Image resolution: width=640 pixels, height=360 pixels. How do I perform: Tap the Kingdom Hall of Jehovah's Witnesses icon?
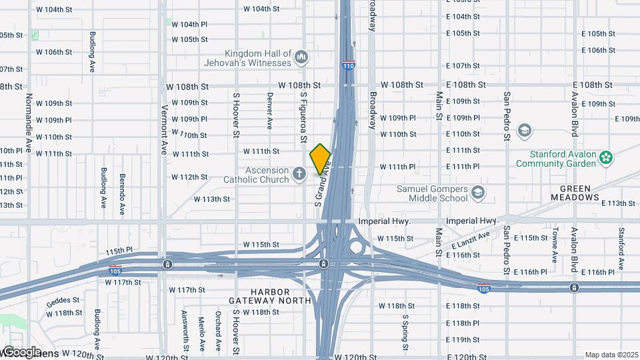pyautogui.click(x=301, y=57)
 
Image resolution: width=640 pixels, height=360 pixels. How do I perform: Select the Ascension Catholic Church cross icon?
pyautogui.click(x=300, y=175)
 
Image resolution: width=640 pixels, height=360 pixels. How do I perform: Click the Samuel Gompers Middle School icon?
pyautogui.click(x=477, y=193)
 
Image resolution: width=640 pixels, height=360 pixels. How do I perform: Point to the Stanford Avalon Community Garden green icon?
pyautogui.click(x=605, y=158)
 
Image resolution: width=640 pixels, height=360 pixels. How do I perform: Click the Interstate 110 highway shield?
pyautogui.click(x=348, y=65)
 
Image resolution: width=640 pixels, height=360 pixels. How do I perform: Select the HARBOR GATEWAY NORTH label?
pyautogui.click(x=280, y=296)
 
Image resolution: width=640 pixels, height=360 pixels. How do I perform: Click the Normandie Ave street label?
pyautogui.click(x=29, y=122)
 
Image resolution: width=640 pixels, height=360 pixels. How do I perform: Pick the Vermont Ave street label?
pyautogui.click(x=163, y=130)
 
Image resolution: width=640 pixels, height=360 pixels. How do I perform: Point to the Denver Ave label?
pyautogui.click(x=269, y=110)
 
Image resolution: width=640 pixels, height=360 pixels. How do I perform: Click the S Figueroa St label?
pyautogui.click(x=302, y=117)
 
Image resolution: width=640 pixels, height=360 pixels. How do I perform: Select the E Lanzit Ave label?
pyautogui.click(x=470, y=241)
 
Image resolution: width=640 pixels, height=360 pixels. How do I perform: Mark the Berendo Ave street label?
pyautogui.click(x=122, y=194)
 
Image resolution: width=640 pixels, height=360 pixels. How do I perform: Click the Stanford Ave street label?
pyautogui.click(x=621, y=249)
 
